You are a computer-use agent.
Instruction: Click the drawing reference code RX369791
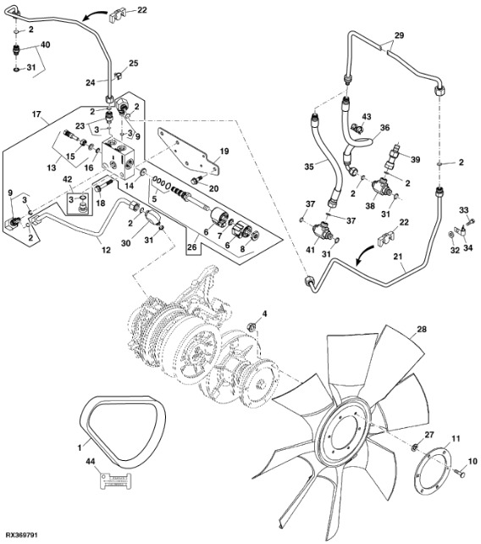click(21, 535)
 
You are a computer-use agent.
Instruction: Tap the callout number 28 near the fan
click(422, 329)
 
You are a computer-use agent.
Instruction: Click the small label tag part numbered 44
click(116, 480)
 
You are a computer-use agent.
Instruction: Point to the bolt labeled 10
click(460, 472)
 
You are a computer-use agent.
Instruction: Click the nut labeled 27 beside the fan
click(414, 447)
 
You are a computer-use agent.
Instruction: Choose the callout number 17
click(36, 114)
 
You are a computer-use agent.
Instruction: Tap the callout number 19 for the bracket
click(224, 152)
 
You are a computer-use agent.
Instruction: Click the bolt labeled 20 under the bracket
click(196, 180)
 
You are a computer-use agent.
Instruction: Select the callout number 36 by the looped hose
click(384, 128)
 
